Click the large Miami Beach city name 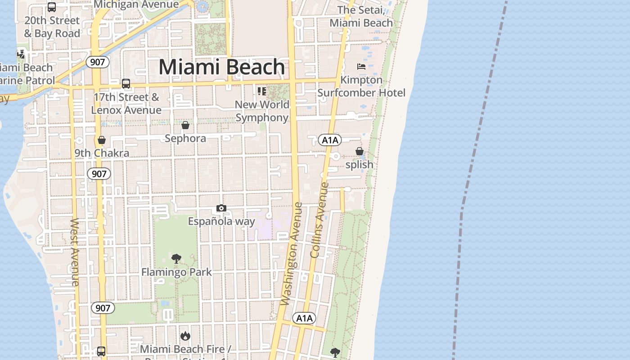222,67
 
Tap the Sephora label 185,138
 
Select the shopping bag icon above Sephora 185,125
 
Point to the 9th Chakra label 102,153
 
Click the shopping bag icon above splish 360,151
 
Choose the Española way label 221,221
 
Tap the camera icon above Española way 221,208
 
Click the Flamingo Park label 176,272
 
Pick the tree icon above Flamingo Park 176,259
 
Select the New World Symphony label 262,111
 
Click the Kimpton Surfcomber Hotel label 361,86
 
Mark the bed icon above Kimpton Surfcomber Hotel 361,67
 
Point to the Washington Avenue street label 292,254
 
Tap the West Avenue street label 75,252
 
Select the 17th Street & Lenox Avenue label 126,103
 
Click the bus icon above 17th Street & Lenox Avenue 126,83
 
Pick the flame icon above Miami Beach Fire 185,336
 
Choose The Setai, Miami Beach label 361,16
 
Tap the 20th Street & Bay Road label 52,27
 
